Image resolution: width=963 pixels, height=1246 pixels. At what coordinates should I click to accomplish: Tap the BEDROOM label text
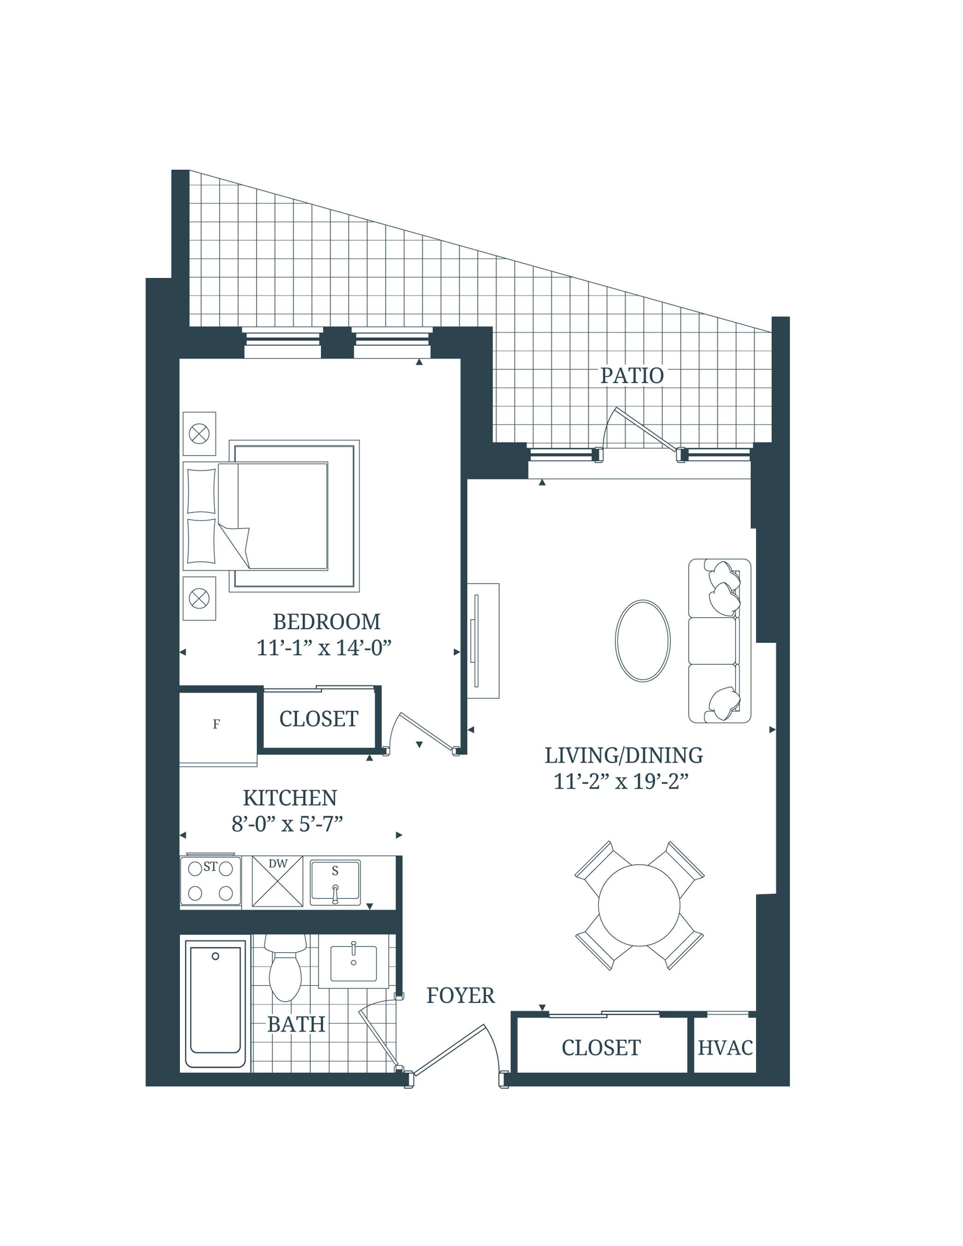tap(326, 622)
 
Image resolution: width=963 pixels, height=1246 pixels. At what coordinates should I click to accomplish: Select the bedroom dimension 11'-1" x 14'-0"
tap(324, 648)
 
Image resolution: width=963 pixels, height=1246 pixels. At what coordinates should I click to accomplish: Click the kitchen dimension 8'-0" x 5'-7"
tap(287, 824)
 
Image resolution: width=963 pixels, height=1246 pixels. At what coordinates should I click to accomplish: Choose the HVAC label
tap(725, 1048)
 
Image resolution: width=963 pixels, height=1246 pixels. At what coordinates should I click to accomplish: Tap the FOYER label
tap(461, 996)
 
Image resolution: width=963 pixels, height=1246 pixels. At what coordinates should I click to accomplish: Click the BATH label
tap(296, 1025)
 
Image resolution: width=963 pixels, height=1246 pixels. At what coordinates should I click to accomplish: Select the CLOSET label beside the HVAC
tap(601, 1048)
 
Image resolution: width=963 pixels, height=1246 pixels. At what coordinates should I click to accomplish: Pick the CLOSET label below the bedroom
tap(319, 719)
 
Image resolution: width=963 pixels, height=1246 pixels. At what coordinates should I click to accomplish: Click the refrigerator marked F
tap(217, 725)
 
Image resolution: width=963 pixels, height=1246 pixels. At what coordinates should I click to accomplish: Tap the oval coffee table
tap(642, 641)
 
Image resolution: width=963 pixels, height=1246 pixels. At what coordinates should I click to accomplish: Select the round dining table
tap(639, 905)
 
